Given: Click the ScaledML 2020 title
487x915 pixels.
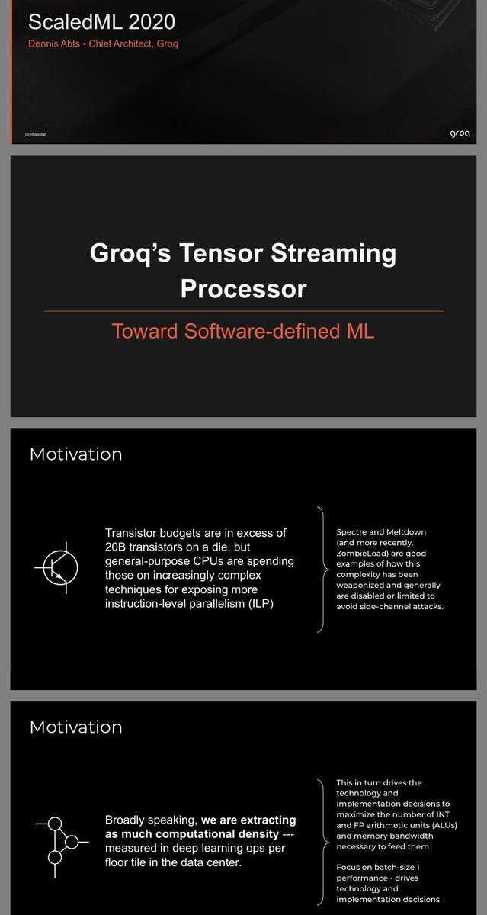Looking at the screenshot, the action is (101, 22).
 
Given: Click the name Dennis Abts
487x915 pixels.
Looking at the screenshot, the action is (54, 43).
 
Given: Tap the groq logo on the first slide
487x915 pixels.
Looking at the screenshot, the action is (460, 133).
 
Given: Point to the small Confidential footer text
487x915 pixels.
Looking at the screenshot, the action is (36, 134).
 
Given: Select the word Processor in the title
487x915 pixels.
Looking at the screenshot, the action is (244, 289).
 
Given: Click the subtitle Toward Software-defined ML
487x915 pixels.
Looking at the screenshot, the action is (243, 331).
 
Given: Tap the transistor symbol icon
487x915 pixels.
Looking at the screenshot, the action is (57, 568).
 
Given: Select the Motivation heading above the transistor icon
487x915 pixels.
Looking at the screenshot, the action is (76, 454).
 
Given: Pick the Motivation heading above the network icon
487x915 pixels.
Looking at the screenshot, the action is (76, 727).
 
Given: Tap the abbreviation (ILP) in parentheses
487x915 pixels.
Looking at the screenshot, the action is (261, 603).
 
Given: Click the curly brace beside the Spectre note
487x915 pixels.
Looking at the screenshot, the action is (323, 570).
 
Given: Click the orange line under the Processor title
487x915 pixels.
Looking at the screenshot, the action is (243, 311).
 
